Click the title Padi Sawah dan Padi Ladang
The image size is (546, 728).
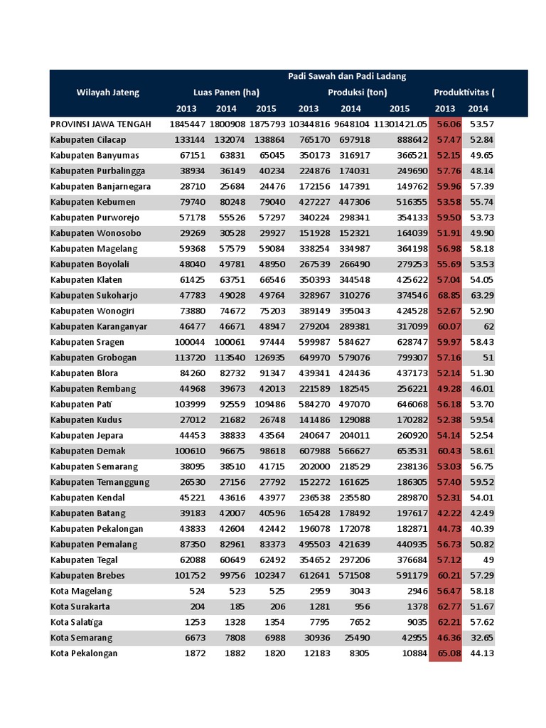[x=347, y=77]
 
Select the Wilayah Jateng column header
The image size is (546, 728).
[x=108, y=92]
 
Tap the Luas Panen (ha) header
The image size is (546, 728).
[x=226, y=92]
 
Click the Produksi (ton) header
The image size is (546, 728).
[x=357, y=92]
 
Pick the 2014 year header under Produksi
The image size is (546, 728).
[x=350, y=109]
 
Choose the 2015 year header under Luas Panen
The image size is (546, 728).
[x=266, y=109]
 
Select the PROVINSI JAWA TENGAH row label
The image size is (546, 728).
[x=101, y=124]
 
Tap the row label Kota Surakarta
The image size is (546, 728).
[x=81, y=606]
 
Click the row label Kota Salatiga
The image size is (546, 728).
[x=78, y=622]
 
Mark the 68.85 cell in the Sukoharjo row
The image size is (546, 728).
[x=445, y=295]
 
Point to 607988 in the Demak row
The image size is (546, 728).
[x=308, y=451]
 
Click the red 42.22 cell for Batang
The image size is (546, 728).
[x=445, y=513]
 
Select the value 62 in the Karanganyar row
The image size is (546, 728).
[x=488, y=326]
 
